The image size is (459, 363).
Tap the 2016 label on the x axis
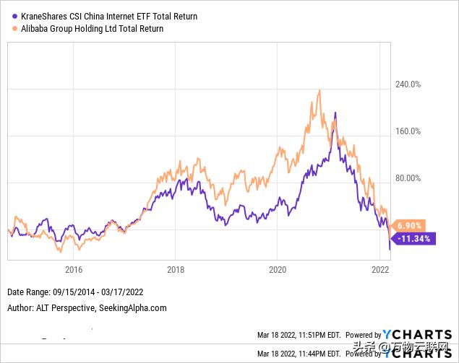point(73,271)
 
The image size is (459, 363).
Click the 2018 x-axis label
point(176,271)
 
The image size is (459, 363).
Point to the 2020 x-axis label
point(278,271)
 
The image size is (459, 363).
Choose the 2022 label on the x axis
point(381,271)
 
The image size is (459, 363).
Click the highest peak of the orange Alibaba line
point(319,91)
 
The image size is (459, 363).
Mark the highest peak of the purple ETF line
point(335,113)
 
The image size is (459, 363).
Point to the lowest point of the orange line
point(61,252)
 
